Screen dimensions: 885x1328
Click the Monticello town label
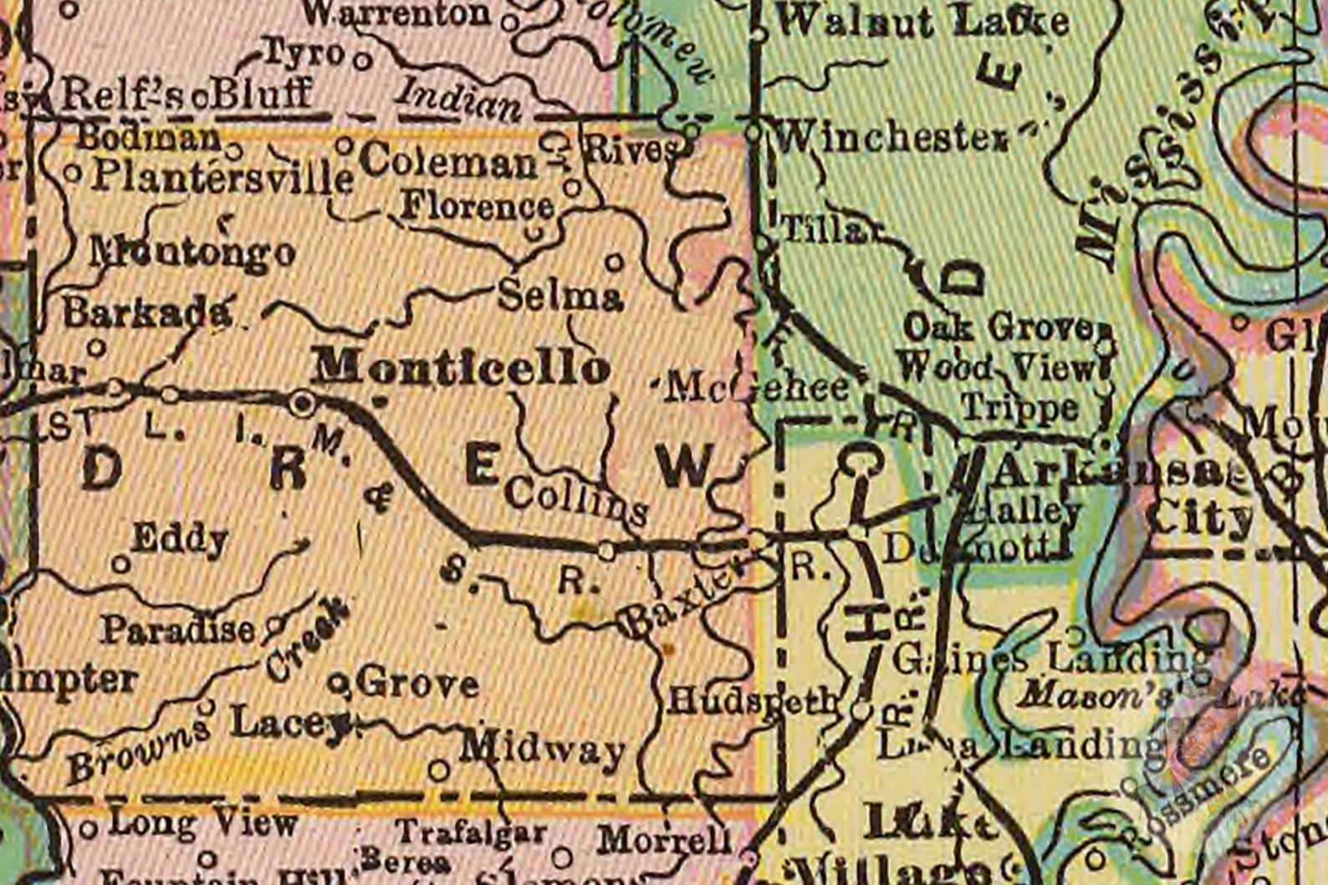click(x=462, y=367)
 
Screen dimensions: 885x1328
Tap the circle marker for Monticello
click(x=302, y=404)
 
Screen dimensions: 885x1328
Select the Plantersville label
click(x=222, y=177)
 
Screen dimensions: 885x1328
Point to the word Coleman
click(x=451, y=160)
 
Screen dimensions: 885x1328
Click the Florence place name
click(x=478, y=206)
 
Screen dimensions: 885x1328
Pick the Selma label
click(x=560, y=296)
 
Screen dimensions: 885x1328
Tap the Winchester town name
click(x=891, y=137)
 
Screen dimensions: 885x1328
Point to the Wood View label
click(x=995, y=366)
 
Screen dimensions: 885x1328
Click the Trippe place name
click(x=1019, y=407)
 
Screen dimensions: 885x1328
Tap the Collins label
click(x=576, y=500)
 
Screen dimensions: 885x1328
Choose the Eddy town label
click(x=180, y=539)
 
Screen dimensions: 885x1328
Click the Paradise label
click(x=177, y=629)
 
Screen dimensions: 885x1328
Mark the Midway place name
click(x=543, y=749)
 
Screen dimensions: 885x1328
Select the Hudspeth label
click(x=752, y=700)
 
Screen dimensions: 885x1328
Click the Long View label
click(x=203, y=824)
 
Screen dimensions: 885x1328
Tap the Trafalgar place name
click(x=471, y=832)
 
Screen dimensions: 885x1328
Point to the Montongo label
click(x=193, y=252)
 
